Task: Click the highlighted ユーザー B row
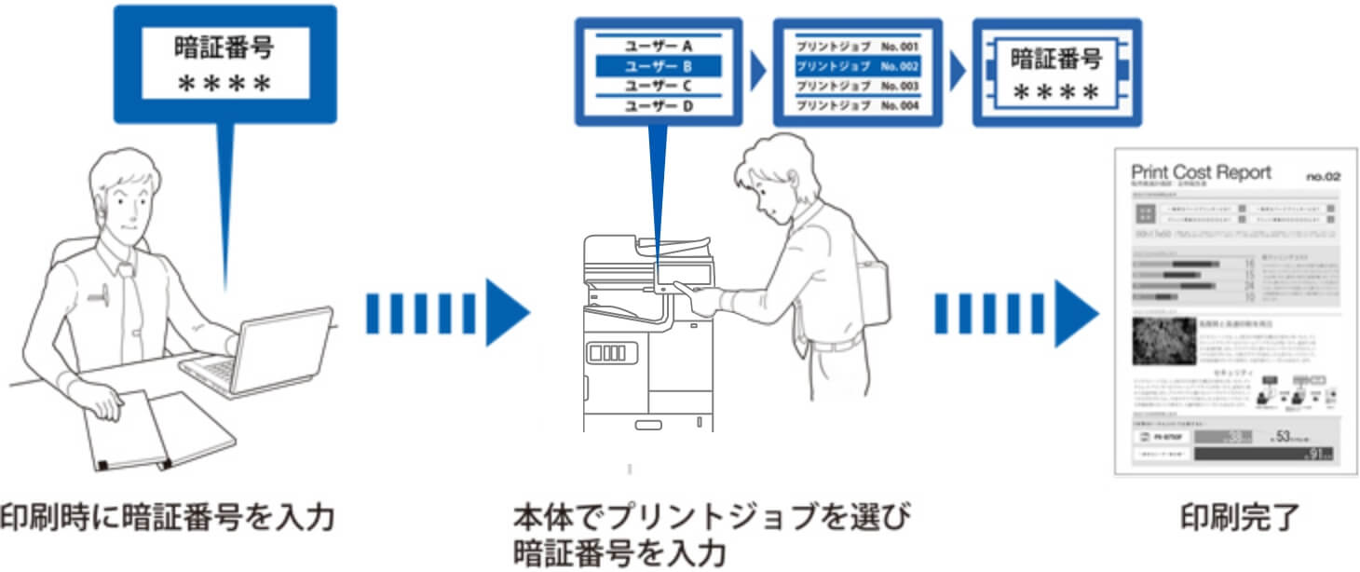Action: (659, 66)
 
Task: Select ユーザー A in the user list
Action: (659, 45)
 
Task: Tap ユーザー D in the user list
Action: (659, 106)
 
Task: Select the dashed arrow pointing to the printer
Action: (446, 311)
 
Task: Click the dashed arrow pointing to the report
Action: (1015, 311)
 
